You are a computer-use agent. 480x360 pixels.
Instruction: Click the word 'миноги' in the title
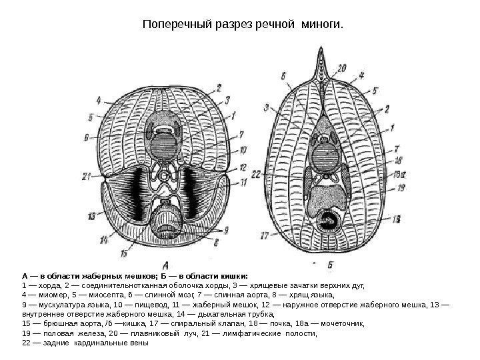pos(321,26)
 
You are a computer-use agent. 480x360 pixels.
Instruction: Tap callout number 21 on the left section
pos(87,176)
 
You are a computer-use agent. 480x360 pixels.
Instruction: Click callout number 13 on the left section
pos(91,216)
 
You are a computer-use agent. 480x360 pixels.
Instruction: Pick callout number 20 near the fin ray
pos(342,67)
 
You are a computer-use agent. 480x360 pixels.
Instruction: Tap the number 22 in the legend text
pos(26,343)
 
